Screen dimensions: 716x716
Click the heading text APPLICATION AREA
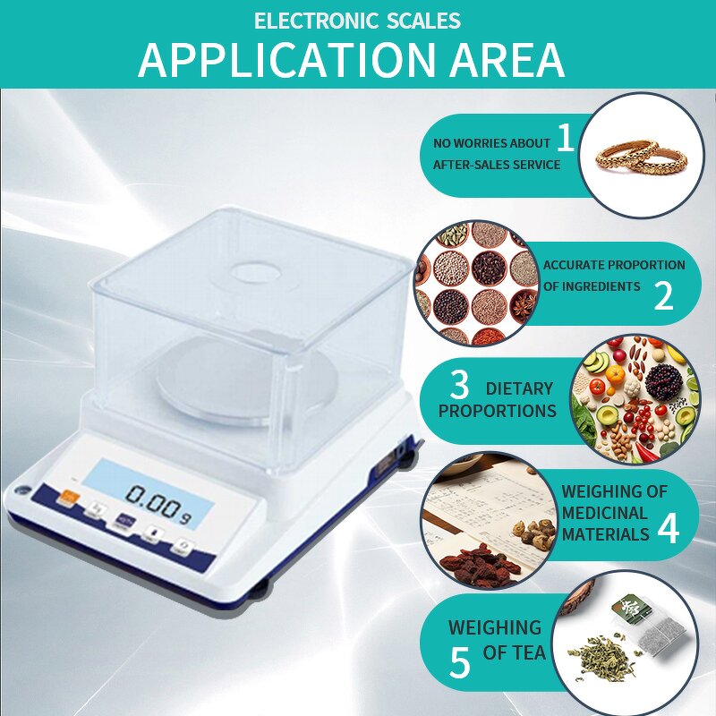(352, 59)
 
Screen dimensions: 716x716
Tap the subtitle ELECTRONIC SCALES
(357, 20)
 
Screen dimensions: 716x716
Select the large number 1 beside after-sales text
(565, 138)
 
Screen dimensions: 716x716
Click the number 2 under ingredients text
(663, 296)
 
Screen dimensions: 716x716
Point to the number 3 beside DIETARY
(459, 385)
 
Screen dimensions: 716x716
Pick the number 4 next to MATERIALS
(668, 528)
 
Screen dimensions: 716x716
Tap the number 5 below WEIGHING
(459, 663)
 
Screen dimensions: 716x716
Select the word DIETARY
(519, 388)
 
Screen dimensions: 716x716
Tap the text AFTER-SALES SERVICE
(497, 165)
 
